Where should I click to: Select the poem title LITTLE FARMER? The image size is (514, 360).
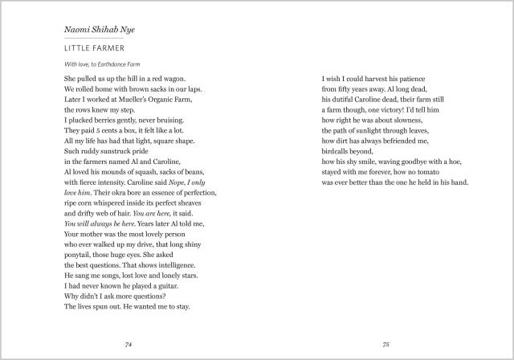pos(88,49)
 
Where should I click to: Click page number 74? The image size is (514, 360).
pos(128,344)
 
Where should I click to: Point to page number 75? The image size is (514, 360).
pos(385,344)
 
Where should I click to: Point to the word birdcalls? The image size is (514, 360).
pos(339,150)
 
